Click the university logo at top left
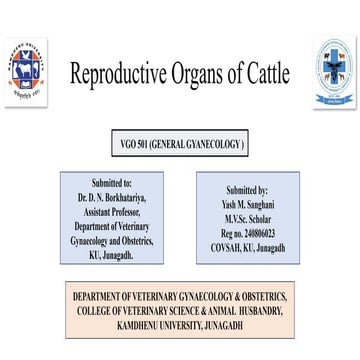pyautogui.click(x=27, y=72)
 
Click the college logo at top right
pyautogui.click(x=334, y=71)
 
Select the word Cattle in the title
pyautogui.click(x=269, y=73)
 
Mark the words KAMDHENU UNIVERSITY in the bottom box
pyautogui.click(x=149, y=324)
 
